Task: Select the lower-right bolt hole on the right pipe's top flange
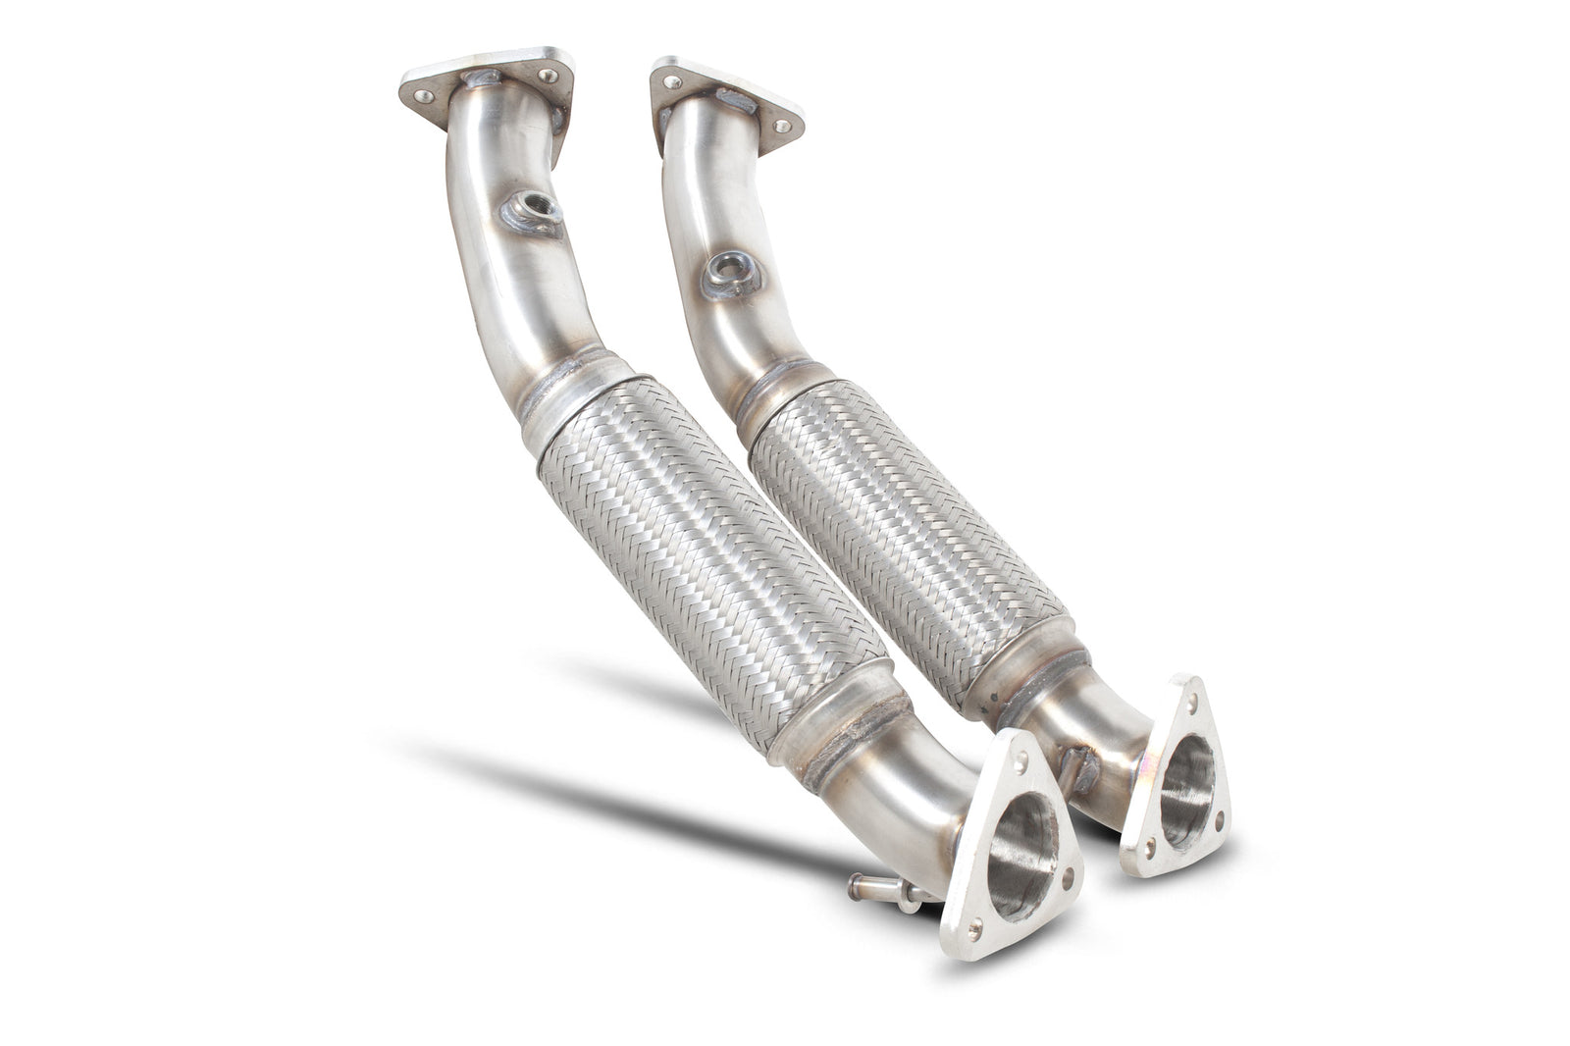coord(782,127)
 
